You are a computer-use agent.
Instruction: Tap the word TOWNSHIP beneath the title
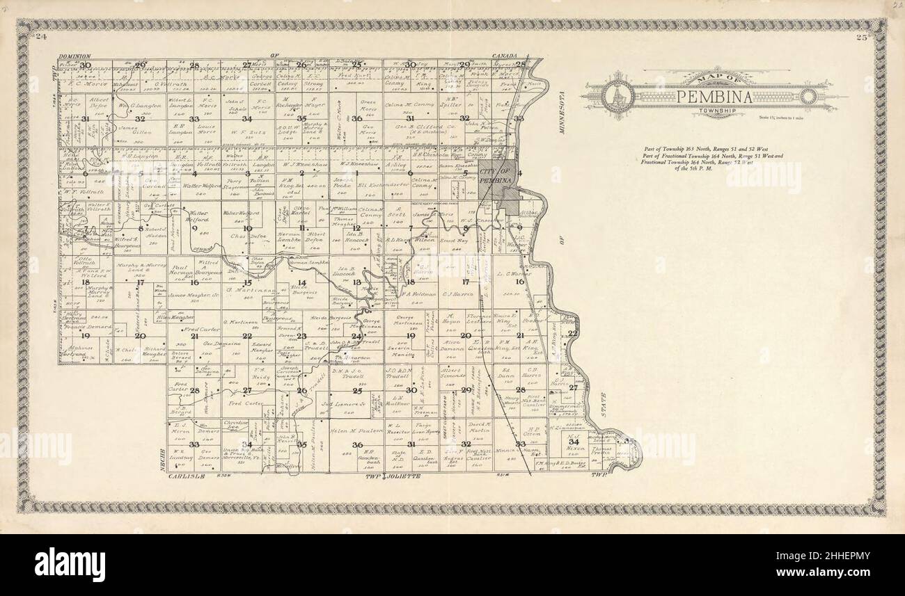coord(718,110)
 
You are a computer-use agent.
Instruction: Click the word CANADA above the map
coord(507,55)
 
